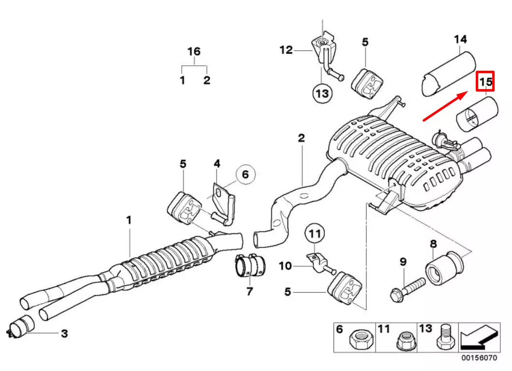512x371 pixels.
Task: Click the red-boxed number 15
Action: (485, 81)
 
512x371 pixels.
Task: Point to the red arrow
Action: (445, 107)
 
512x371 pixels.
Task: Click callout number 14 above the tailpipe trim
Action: (460, 40)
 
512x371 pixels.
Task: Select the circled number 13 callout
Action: (322, 93)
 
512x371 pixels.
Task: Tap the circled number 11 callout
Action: (315, 233)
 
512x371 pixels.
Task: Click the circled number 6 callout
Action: (246, 174)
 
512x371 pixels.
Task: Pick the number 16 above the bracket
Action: (194, 51)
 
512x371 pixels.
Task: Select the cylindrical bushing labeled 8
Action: (444, 268)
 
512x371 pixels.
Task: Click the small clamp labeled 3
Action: (21, 326)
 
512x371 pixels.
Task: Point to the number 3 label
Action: (65, 334)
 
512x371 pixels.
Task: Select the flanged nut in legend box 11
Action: (406, 340)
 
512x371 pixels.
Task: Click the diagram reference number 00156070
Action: (479, 358)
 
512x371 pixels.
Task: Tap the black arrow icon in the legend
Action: (479, 337)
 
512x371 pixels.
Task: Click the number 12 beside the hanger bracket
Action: (286, 50)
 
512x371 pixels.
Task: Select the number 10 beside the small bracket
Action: (285, 265)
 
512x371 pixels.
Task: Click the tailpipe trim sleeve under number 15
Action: (477, 114)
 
